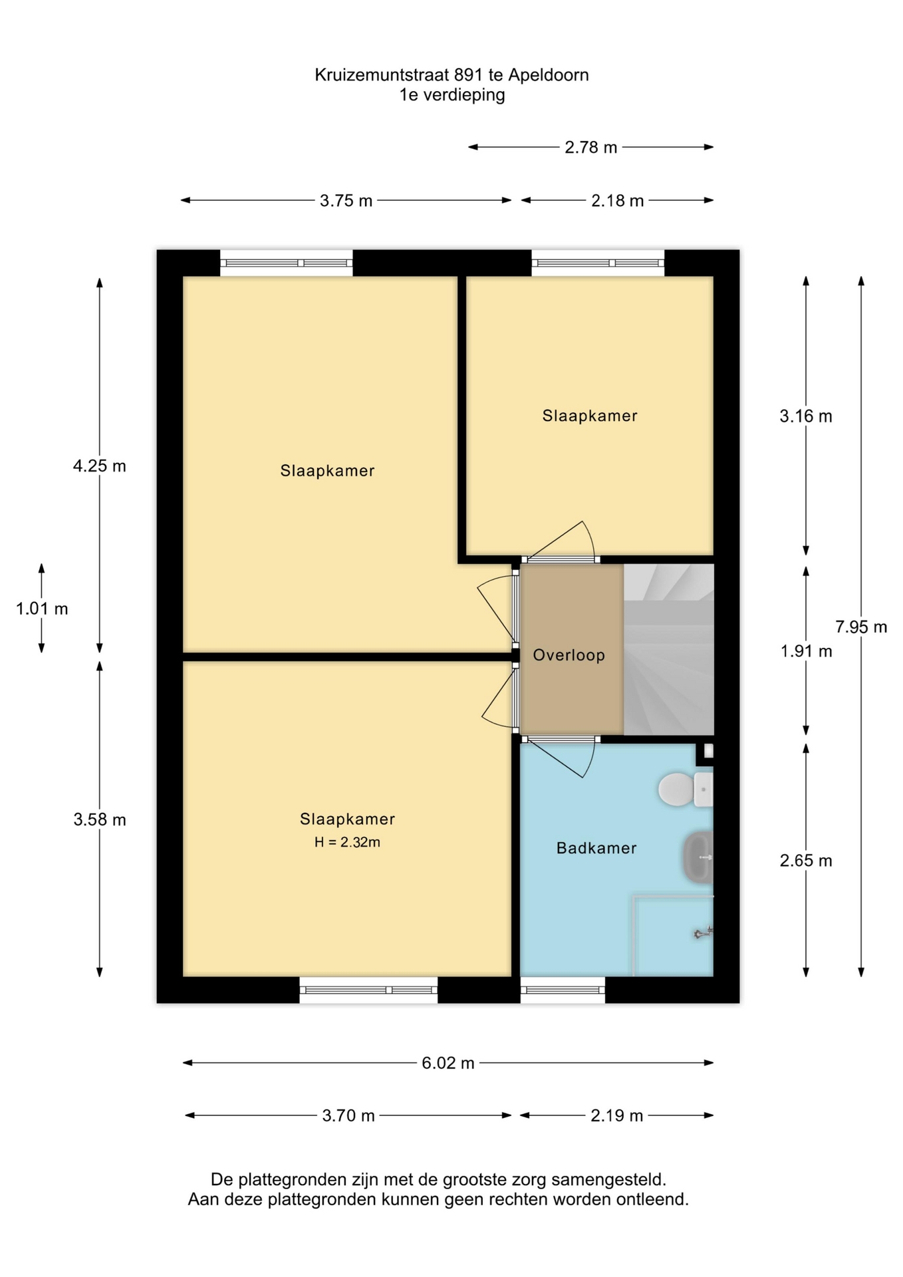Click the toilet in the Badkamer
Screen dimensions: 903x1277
[686, 789]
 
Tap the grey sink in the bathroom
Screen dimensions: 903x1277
[698, 857]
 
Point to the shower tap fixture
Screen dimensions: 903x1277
[704, 933]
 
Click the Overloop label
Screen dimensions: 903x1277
[569, 655]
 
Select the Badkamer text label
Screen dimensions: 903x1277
[596, 848]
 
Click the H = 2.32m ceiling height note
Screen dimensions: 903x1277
[347, 842]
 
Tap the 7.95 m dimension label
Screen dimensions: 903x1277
[861, 627]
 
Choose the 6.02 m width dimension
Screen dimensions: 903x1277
[448, 1063]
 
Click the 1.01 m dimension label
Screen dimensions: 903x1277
[42, 609]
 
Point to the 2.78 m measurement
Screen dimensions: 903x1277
[591, 147]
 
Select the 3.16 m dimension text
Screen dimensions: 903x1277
[806, 416]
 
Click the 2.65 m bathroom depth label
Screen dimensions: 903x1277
[806, 861]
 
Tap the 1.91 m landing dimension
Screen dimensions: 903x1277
[806, 651]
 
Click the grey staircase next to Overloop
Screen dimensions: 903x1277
[669, 649]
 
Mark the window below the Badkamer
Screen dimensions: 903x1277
[563, 990]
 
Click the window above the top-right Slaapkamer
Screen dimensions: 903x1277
[598, 263]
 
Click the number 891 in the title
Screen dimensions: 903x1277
[469, 74]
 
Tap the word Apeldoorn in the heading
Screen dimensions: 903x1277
[549, 75]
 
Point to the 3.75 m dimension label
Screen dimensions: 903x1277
[346, 200]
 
